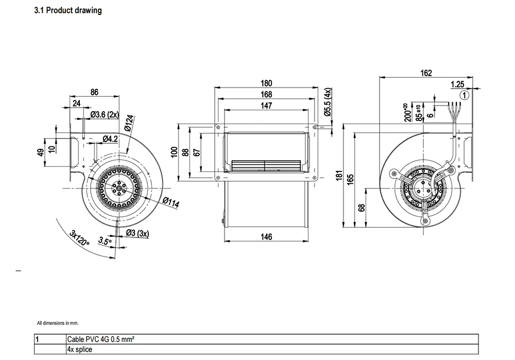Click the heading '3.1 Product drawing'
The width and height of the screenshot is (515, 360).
coord(67,10)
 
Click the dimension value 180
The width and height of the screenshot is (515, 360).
coord(266,83)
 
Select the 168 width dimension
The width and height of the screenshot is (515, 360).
coord(266,94)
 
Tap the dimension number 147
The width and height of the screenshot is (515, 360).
coord(266,105)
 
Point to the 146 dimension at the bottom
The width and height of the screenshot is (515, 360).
coord(266,237)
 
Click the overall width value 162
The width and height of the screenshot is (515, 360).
coord(426,73)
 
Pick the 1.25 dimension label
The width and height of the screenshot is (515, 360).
coord(457,84)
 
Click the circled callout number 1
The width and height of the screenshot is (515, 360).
coord(465,95)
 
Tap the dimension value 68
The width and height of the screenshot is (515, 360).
coord(362,208)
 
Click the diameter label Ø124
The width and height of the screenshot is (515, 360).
coord(129,123)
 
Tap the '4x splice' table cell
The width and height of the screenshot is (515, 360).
coord(79,349)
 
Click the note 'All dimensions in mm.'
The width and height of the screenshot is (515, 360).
coord(58,323)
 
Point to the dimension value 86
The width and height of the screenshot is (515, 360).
coord(94,92)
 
